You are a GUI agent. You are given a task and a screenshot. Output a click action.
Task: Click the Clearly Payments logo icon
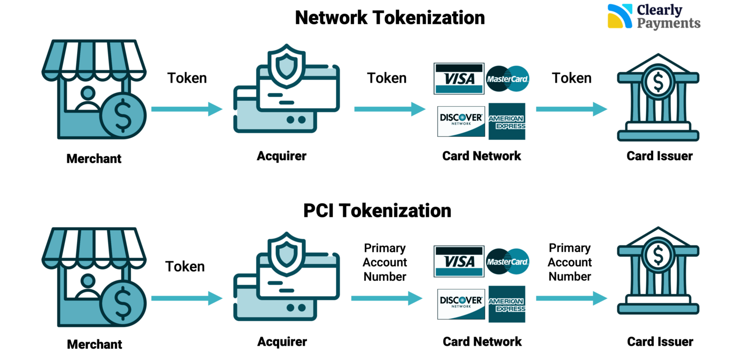(620, 16)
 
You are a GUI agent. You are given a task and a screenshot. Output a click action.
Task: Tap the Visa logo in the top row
(459, 79)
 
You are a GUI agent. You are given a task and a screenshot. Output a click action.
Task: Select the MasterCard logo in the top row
(507, 79)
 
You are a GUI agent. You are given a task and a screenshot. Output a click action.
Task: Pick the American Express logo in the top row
(507, 121)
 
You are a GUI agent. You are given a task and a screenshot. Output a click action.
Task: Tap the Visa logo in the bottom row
(459, 262)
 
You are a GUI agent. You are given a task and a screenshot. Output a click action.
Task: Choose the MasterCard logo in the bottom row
(507, 262)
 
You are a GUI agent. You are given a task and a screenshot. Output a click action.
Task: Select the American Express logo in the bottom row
(507, 304)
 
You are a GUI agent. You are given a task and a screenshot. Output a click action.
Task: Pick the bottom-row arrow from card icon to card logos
(386, 298)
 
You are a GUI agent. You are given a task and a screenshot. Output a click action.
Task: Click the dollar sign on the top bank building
(658, 82)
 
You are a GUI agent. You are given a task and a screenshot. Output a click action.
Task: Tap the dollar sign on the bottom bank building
(658, 255)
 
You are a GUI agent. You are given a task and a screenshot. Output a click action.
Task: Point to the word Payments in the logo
(668, 23)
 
